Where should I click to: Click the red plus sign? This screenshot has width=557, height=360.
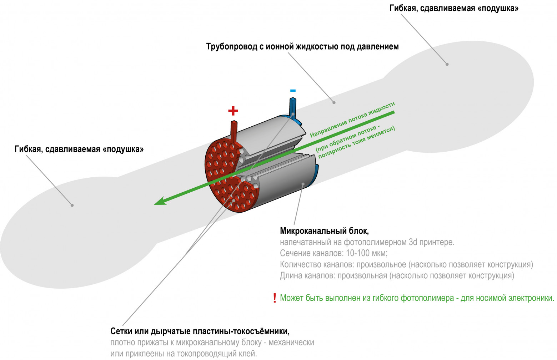tap(233, 111)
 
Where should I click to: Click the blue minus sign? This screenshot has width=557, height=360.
tap(293, 91)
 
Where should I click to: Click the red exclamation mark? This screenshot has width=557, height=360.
tap(274, 298)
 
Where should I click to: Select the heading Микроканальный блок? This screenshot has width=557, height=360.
tap(324, 231)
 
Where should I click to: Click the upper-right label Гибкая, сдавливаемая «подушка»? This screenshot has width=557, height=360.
tap(454, 8)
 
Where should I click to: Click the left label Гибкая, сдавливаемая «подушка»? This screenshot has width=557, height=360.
tap(79, 149)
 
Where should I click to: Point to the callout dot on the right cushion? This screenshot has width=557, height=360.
tap(447, 64)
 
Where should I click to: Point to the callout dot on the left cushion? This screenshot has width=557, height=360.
tap(72, 205)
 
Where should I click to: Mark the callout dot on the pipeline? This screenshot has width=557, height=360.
tap(334, 102)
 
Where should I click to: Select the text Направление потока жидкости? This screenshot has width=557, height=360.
tap(352, 120)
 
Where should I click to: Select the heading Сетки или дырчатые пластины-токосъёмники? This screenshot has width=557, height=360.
tap(200, 331)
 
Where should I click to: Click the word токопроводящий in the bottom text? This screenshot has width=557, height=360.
tap(210, 354)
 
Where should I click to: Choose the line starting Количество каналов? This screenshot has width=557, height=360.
tap(406, 264)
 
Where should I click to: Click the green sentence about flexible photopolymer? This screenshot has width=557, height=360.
tap(417, 298)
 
